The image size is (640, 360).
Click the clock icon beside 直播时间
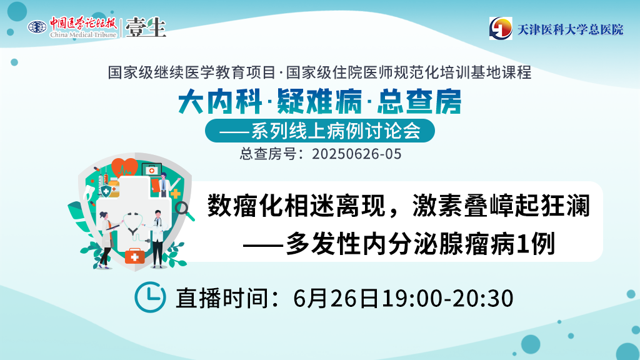pos(150,297)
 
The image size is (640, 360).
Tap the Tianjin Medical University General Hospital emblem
pos(501,28)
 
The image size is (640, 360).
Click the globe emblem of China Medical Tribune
pos(37,27)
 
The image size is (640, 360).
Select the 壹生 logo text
pos(146,27)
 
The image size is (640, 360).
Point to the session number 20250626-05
pos(357,154)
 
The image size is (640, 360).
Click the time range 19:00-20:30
pos(447,298)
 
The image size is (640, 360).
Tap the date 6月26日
pos(336,298)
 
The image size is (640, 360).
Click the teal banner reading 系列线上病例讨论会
pos(319,131)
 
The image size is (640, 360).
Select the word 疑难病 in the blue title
pos(319,101)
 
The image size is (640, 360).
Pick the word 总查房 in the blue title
pos(419,101)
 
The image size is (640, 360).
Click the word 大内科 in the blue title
pos(219,101)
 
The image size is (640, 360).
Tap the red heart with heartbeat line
pos(124,167)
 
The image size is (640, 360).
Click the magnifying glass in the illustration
pos(184,211)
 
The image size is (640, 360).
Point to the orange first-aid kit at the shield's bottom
pos(135,256)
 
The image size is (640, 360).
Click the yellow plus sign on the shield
pos(175,194)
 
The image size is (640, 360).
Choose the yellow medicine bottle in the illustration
pos(114,188)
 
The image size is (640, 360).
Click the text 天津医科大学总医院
pos(570,29)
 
